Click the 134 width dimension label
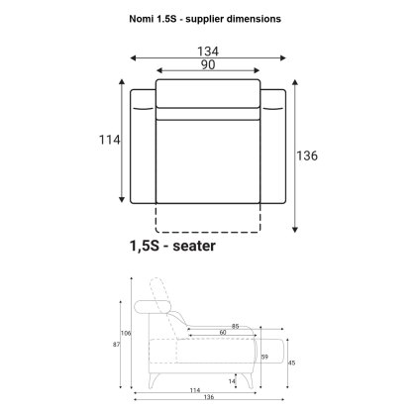coord(208,52)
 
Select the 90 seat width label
coord(208,65)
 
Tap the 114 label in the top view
coord(110,140)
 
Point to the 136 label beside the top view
coord(307,156)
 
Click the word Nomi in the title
coord(141,19)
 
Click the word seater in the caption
coord(194,246)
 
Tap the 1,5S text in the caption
coord(145,247)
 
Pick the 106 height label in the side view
coord(126,333)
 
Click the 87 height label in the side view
coord(116,345)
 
